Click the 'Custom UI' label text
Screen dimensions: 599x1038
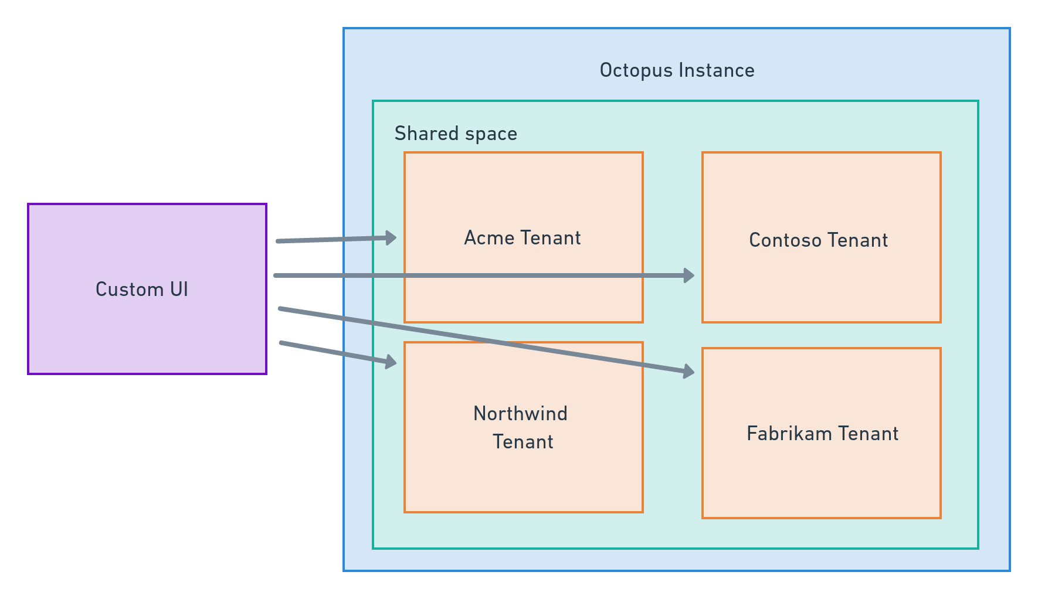coord(141,289)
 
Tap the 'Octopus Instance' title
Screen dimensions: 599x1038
coord(677,70)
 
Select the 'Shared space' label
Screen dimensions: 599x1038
coord(456,134)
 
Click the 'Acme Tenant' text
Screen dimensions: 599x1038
coord(522,237)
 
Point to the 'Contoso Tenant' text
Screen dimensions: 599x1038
coord(818,240)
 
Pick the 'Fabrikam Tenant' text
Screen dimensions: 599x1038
coord(822,433)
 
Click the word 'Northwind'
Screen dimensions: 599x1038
coord(520,414)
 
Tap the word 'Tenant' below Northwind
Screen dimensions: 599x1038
coord(523,441)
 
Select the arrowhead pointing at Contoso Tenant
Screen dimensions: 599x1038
coord(688,275)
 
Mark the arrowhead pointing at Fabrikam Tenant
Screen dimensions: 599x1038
coord(688,371)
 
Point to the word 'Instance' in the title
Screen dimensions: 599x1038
coord(717,70)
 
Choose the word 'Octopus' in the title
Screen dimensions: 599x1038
coord(636,70)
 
